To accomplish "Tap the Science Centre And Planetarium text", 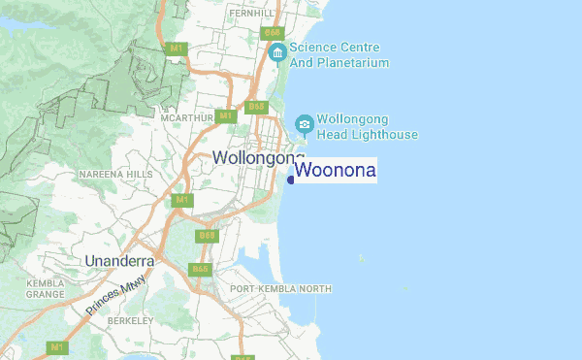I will [339, 55].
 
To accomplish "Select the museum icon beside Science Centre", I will [276, 51].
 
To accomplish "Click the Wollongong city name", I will [257, 157].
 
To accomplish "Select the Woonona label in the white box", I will [335, 171].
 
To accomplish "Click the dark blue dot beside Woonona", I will [290, 180].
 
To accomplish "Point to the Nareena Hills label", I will [115, 175].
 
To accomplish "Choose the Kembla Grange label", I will [46, 287].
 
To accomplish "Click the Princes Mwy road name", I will [115, 296].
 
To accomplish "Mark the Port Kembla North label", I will [279, 289].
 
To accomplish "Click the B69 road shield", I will [206, 235].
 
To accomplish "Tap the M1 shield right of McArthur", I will [225, 116].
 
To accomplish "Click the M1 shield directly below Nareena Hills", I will [179, 200].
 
